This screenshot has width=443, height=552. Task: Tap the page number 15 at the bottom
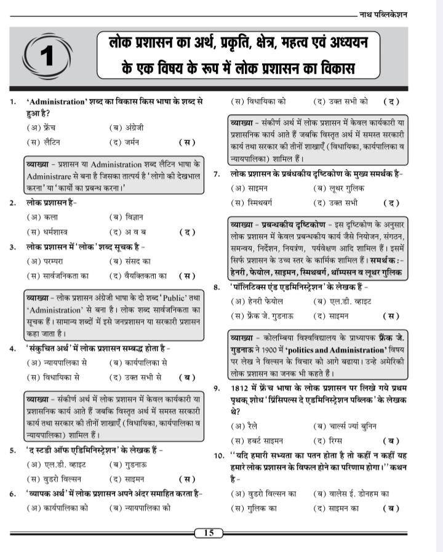(x=209, y=532)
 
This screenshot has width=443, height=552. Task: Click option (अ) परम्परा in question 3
(x=46, y=261)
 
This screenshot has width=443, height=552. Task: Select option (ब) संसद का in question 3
(x=129, y=261)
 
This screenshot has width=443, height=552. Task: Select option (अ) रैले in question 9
(x=244, y=425)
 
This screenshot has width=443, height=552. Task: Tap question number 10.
(x=218, y=456)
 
